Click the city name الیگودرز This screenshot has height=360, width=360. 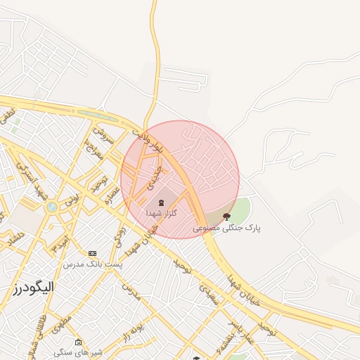point(33,287)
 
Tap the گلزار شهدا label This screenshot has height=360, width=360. point(162,212)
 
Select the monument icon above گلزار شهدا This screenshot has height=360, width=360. point(162,202)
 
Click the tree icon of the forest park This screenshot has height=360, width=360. point(226,217)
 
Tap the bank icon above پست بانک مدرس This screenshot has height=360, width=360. point(92,253)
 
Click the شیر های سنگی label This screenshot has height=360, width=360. point(78,352)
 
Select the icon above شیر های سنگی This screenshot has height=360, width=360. point(78,342)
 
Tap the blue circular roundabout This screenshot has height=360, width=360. point(51,207)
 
